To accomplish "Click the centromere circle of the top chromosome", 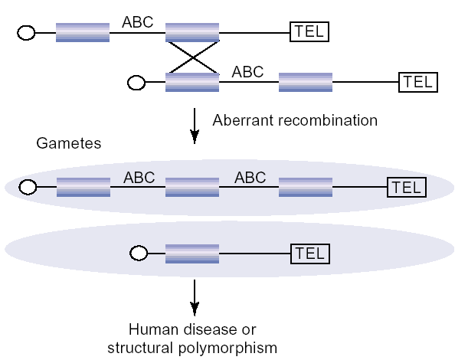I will coord(27,33).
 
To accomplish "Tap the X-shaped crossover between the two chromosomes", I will coord(192,57).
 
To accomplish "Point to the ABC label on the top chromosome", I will coord(137,22).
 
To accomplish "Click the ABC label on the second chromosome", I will coord(247,72).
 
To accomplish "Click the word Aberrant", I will coord(239,120).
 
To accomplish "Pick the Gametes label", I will coord(69,143).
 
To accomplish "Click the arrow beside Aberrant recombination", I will coord(195,125).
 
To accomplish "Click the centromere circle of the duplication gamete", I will coord(28,187).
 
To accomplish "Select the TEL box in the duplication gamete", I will coord(406,187).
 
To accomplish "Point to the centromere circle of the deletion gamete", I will coord(138,253).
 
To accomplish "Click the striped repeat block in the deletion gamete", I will coord(192,253).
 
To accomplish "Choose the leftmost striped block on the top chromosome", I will coord(83,33).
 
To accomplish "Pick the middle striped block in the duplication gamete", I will coord(192,187).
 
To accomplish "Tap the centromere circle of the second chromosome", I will coord(136,83).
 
